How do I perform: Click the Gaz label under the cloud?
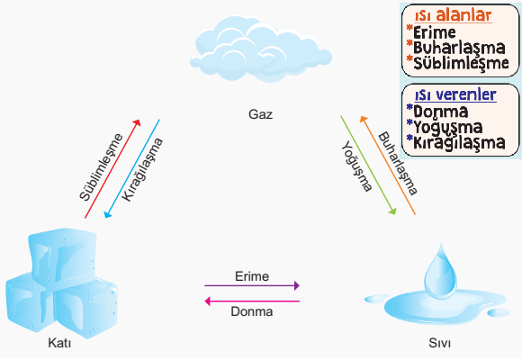260,114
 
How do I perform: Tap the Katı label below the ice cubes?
59,343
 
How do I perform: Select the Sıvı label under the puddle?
440,343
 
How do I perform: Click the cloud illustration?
261,49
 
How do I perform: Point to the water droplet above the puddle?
440,272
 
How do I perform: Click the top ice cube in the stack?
63,256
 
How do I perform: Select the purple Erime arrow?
252,285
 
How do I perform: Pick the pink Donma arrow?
252,301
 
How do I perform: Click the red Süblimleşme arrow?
112,169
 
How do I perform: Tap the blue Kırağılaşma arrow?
131,169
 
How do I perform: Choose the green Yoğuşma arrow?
368,166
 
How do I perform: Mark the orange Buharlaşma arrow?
388,166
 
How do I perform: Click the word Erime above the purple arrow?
252,276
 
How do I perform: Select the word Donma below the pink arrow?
252,311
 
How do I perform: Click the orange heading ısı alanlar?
453,15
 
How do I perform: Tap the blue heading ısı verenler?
455,94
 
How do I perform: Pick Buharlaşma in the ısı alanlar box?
459,48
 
